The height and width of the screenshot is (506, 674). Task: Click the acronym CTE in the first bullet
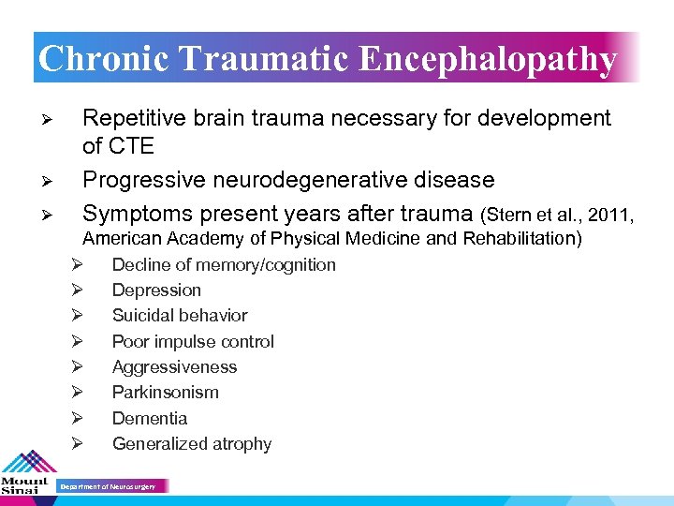[x=130, y=146]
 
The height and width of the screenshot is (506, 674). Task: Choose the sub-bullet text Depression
[x=156, y=290]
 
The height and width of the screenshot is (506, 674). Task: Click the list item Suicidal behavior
[x=180, y=316]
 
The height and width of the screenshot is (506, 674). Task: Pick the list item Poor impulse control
[x=193, y=342]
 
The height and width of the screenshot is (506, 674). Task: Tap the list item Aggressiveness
[x=174, y=367]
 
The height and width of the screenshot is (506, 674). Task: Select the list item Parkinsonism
[x=165, y=393]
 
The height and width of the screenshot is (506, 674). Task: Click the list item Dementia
[x=150, y=419]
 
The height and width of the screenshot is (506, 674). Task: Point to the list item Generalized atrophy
[x=192, y=444]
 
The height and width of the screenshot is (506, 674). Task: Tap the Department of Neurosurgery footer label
[x=108, y=487]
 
